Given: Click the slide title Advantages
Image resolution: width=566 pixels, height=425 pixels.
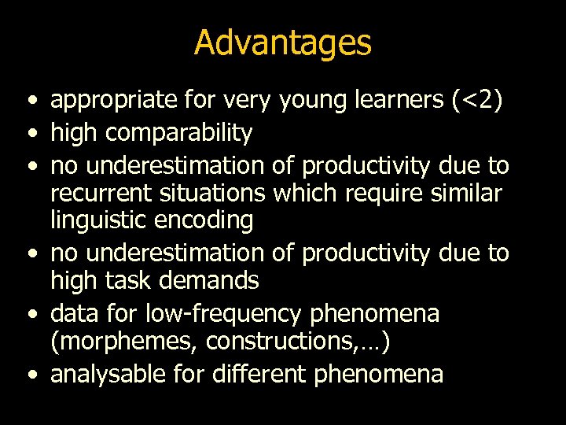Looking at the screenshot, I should pos(282,42).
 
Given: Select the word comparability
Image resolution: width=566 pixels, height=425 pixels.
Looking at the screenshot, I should pos(178,134).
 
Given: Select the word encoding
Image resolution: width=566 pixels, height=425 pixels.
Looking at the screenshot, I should pos(208,221).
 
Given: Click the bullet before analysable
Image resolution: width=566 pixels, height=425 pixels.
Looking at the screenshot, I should pos(29,374).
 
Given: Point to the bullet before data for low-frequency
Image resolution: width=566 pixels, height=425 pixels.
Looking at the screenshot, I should pos(29,314).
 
